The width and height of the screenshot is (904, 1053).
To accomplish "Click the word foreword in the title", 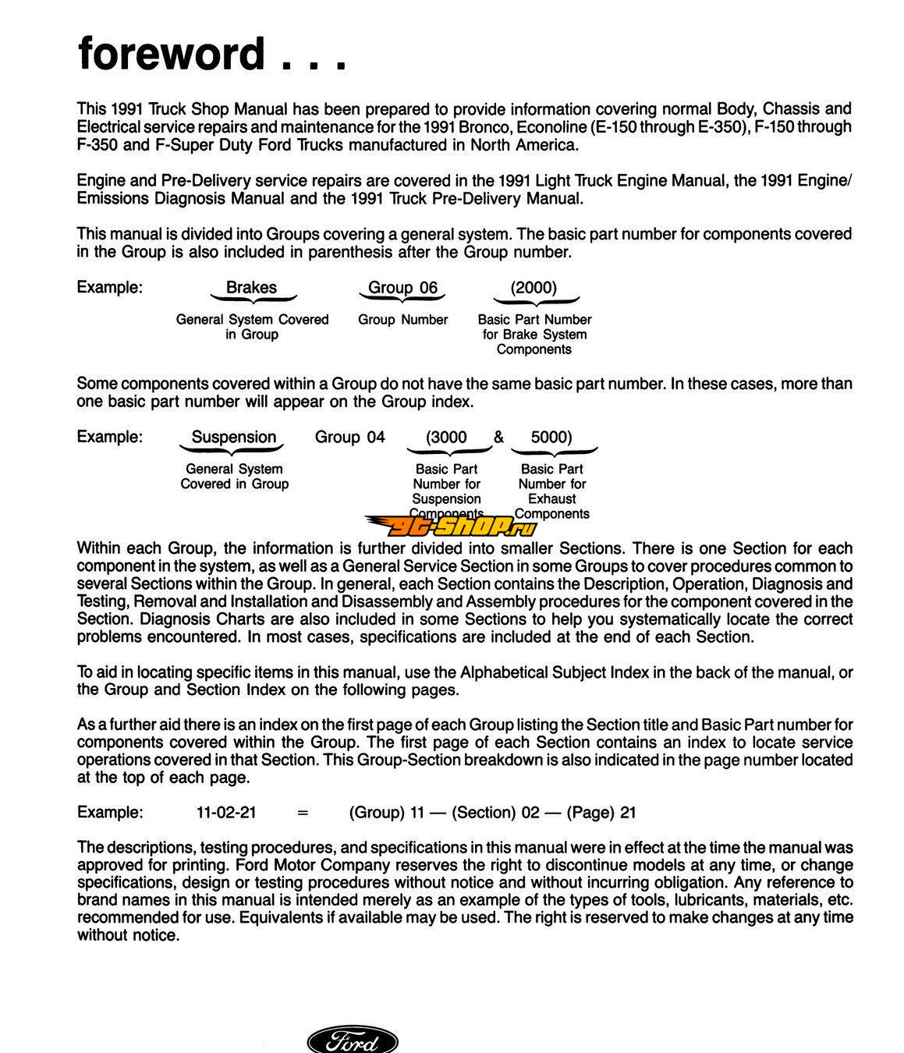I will pos(172,55).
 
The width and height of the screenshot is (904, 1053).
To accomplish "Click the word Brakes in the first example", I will pos(251,287).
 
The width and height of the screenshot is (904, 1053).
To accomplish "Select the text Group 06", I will pos(402,287).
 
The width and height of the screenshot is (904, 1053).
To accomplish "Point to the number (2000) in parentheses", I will pos(534,287).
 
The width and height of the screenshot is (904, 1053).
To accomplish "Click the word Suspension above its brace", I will pos(234,437).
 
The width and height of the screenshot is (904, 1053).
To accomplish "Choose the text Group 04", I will pos(349,437).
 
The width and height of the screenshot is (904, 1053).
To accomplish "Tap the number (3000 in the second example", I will pos(446,437).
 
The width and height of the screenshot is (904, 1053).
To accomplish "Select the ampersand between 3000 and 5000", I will pos(498,437).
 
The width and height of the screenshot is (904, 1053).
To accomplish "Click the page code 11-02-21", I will pos(226,812).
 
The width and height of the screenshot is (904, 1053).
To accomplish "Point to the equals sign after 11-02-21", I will pos(303,813).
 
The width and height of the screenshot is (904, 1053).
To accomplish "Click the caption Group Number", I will pos(402,320).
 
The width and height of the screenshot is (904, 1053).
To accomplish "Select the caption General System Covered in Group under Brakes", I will pos(252,327).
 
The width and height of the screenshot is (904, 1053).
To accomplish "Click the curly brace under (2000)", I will pos(535,301).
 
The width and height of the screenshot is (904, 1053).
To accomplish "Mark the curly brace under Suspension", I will pos(232,451).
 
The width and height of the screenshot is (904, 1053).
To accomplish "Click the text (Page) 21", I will pos(601,812).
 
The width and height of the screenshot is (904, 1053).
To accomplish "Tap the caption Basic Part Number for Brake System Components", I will pos(534,334).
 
